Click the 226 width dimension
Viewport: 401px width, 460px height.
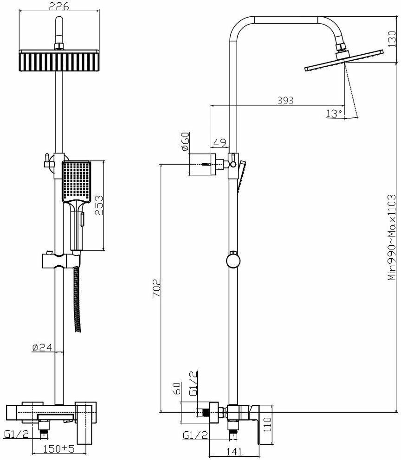[x=59, y=6]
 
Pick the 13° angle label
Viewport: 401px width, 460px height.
[x=334, y=113]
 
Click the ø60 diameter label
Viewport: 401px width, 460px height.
[x=185, y=141]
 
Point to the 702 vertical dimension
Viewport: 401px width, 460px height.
[x=156, y=287]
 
